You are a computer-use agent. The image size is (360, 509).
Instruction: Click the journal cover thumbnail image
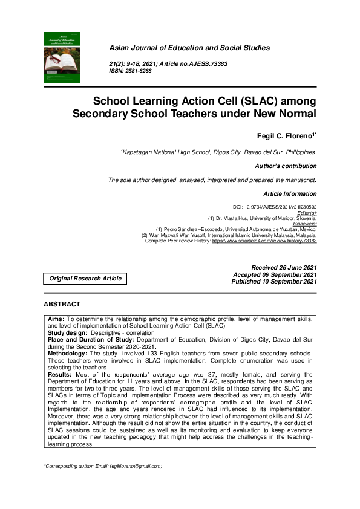[62, 57]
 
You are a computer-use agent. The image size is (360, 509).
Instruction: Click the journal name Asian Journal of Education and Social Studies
[189, 48]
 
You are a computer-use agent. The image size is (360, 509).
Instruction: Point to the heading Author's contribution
[286, 166]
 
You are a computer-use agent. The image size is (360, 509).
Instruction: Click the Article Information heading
[290, 194]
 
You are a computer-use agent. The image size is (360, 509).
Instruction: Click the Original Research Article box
[85, 279]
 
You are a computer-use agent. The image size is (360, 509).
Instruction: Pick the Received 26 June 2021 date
[283, 267]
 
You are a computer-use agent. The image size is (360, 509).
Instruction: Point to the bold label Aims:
[56, 318]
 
